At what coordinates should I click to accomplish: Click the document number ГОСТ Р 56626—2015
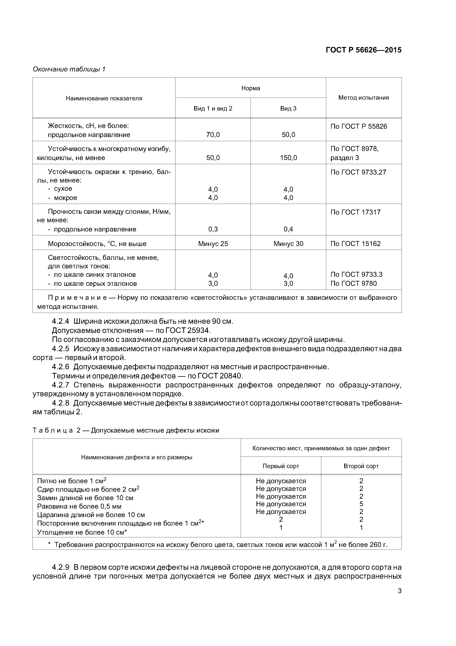click(x=363, y=50)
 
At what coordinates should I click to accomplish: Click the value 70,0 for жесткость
click(x=213, y=135)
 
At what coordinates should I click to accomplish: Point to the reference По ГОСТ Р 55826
click(x=359, y=126)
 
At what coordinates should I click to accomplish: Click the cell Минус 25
click(x=213, y=244)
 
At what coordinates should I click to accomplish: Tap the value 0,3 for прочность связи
click(x=213, y=229)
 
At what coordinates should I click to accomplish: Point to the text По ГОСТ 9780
click(x=353, y=283)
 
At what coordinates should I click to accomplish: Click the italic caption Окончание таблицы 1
click(x=69, y=69)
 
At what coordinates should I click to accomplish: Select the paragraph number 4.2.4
click(x=60, y=321)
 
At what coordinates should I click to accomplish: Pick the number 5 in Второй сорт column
click(x=361, y=504)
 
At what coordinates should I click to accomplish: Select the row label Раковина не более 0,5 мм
click(x=79, y=506)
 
